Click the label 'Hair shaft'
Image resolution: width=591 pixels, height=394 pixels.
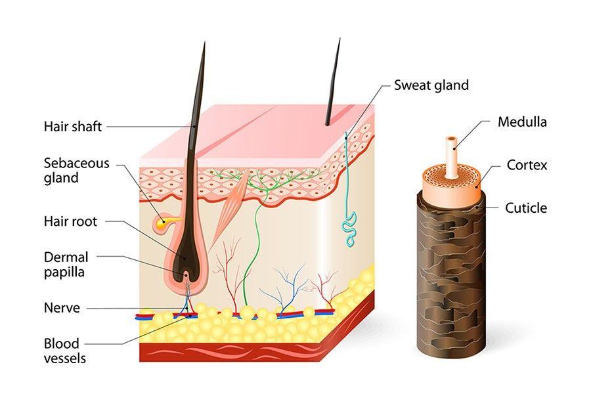click(72, 126)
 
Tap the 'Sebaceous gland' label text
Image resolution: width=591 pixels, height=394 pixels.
click(76, 170)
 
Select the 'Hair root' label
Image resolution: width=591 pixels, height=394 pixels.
click(70, 221)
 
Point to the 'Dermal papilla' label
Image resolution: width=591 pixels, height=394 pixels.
click(66, 263)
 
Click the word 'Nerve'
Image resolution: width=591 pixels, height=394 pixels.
click(62, 307)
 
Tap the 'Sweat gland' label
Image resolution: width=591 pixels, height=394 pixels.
click(431, 85)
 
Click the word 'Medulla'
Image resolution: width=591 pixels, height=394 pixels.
click(522, 121)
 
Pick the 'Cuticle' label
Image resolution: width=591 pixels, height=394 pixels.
click(525, 208)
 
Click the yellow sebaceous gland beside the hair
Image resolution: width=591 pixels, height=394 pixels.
click(163, 224)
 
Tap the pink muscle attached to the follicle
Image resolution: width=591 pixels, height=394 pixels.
click(229, 204)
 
